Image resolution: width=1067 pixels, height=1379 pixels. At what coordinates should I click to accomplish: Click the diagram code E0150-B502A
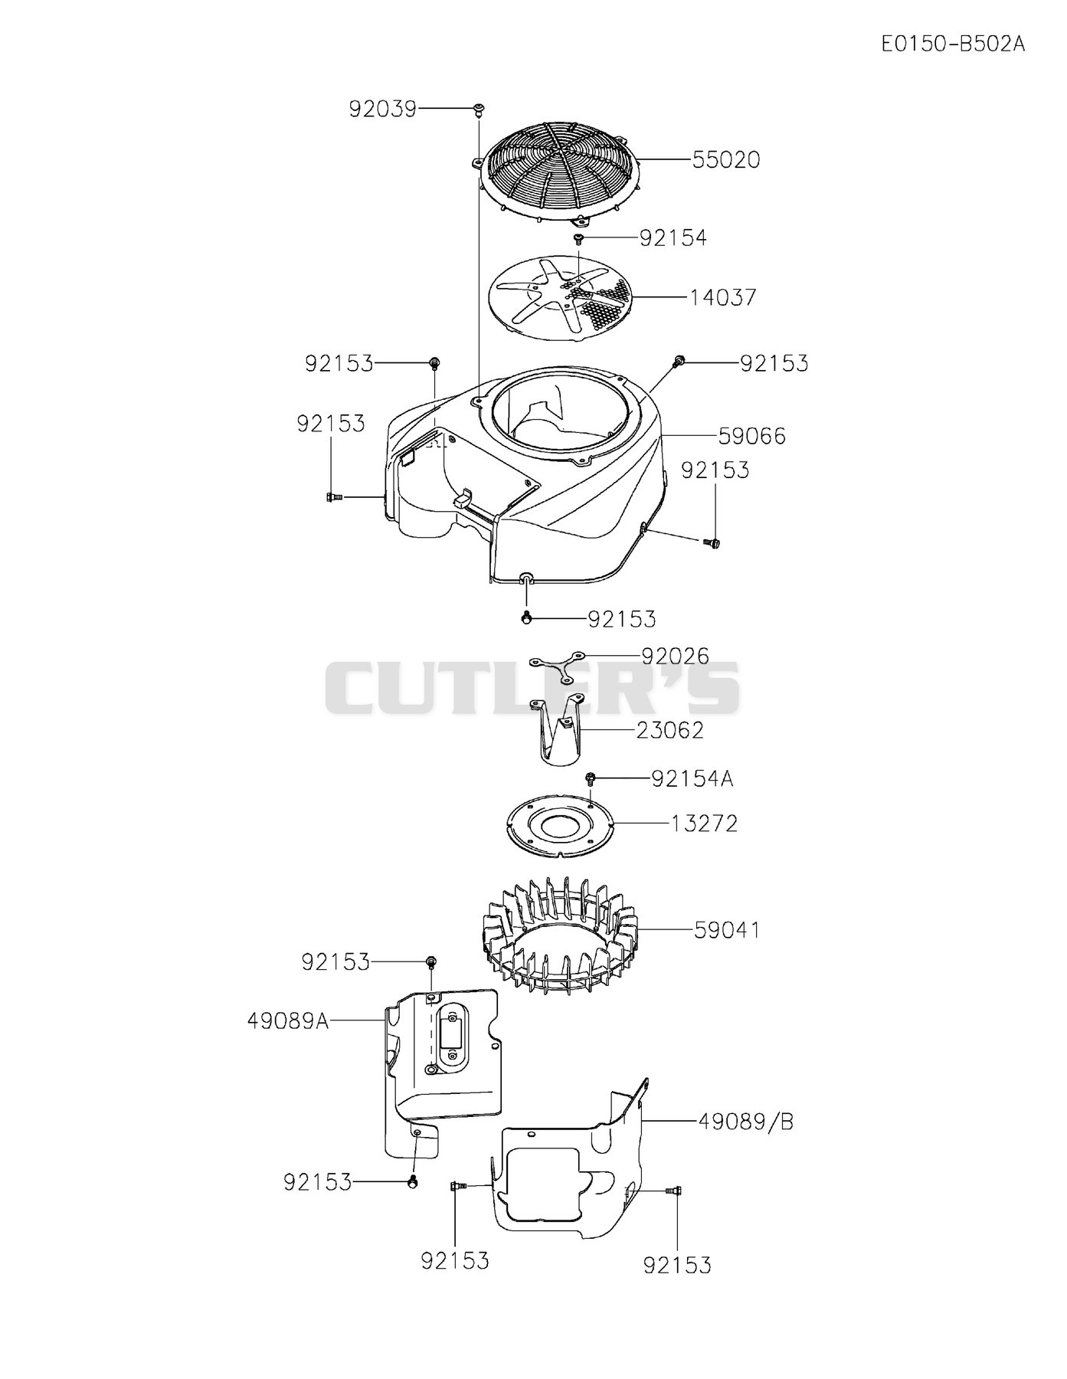click(x=953, y=43)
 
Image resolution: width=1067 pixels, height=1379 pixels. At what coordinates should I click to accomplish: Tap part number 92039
click(x=382, y=110)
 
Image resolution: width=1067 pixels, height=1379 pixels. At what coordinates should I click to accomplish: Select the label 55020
click(x=726, y=159)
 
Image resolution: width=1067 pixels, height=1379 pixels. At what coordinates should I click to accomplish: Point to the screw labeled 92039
click(x=479, y=109)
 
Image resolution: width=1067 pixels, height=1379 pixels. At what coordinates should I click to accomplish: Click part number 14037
click(x=723, y=296)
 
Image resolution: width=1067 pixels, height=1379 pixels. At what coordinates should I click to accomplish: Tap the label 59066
click(x=752, y=436)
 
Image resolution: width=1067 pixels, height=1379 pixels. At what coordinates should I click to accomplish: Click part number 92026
click(x=676, y=656)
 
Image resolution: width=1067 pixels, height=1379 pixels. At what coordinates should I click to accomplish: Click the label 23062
click(x=670, y=730)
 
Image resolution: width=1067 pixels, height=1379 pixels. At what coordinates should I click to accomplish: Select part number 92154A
click(x=692, y=779)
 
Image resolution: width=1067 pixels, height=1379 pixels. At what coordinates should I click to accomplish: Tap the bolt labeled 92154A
click(x=591, y=779)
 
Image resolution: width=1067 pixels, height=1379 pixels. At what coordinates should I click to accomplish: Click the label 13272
click(x=705, y=824)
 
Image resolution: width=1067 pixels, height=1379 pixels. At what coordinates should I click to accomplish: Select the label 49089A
click(x=288, y=1020)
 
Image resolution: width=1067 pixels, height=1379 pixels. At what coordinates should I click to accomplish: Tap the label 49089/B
click(x=746, y=1122)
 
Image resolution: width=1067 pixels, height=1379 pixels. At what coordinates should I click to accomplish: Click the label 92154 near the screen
click(x=673, y=237)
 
